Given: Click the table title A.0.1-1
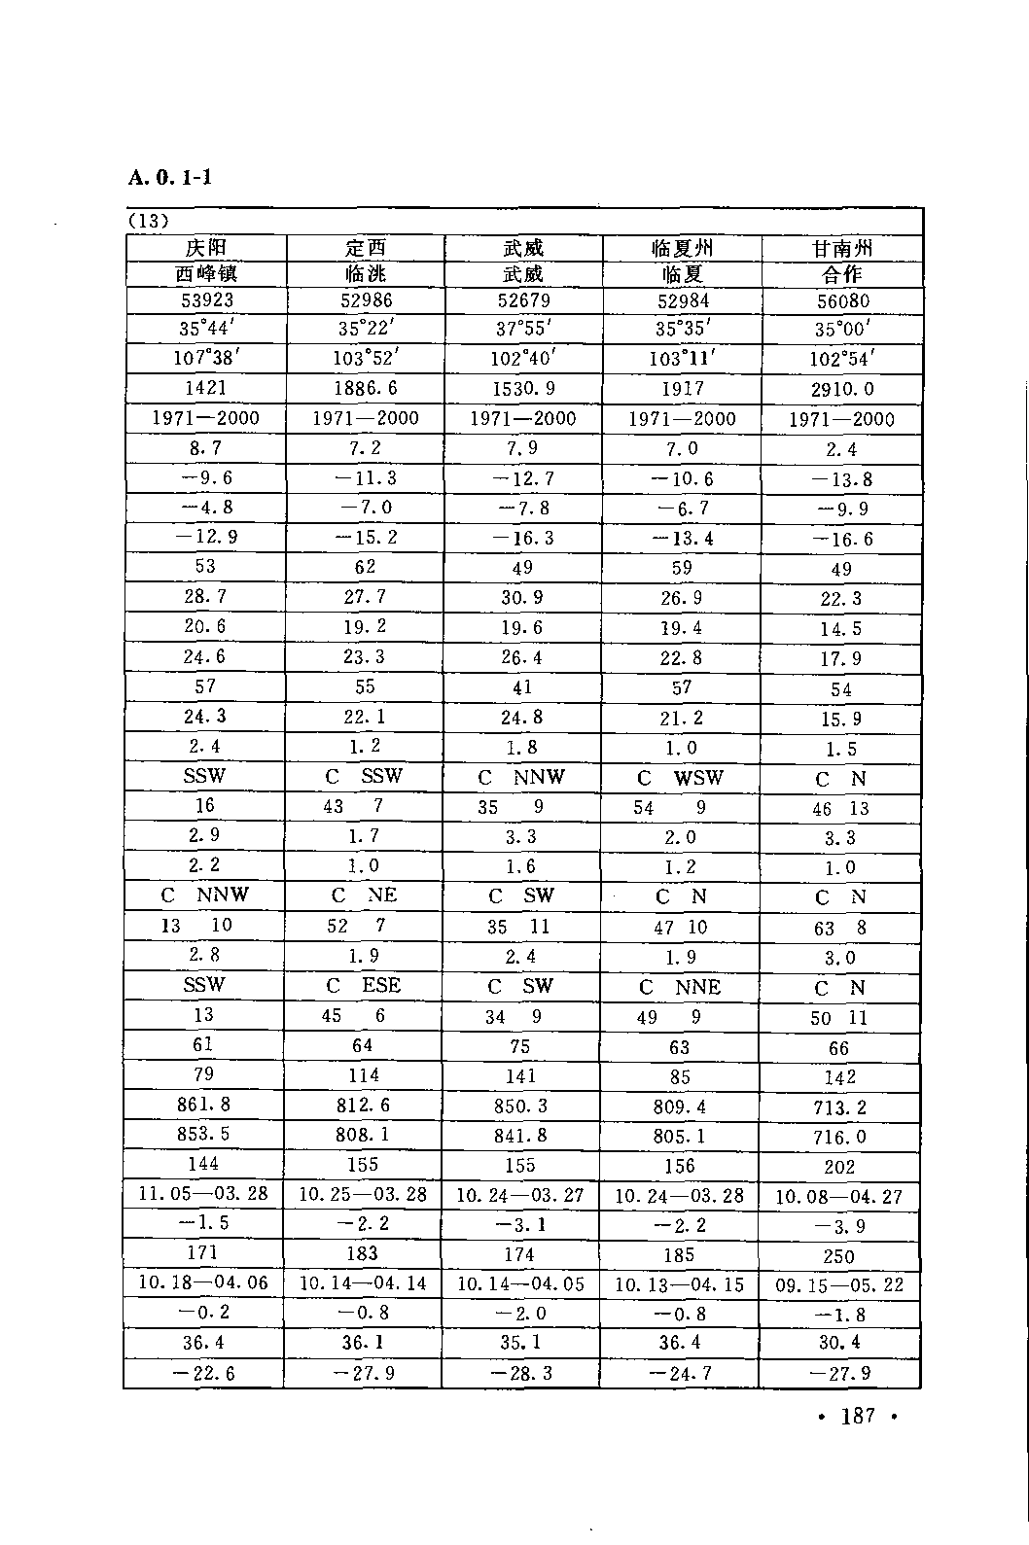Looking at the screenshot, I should pyautogui.click(x=169, y=178).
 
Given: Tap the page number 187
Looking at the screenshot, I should pyautogui.click(x=857, y=1415).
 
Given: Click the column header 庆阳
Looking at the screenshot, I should pyautogui.click(x=205, y=248).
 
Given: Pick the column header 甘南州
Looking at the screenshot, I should pyautogui.click(x=841, y=249).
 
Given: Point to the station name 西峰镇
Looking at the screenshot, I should pyautogui.click(x=205, y=273).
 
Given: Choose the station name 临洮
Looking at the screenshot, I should pyautogui.click(x=365, y=274).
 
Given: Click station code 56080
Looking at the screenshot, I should pyautogui.click(x=842, y=301).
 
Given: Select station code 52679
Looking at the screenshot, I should pyautogui.click(x=523, y=300).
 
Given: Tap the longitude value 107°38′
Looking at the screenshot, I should pyautogui.click(x=205, y=357).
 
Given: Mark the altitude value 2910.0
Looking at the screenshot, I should pyautogui.click(x=842, y=389).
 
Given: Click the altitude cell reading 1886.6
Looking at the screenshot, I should pyautogui.click(x=365, y=388).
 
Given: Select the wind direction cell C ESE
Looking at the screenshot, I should pyautogui.click(x=364, y=985).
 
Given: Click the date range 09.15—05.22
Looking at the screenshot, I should pyautogui.click(x=839, y=1284).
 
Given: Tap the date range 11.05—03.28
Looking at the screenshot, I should pyautogui.click(x=204, y=1193).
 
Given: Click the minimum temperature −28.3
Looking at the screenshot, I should pyautogui.click(x=522, y=1373).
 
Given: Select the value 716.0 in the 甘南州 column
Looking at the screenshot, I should pyautogui.click(x=839, y=1137).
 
